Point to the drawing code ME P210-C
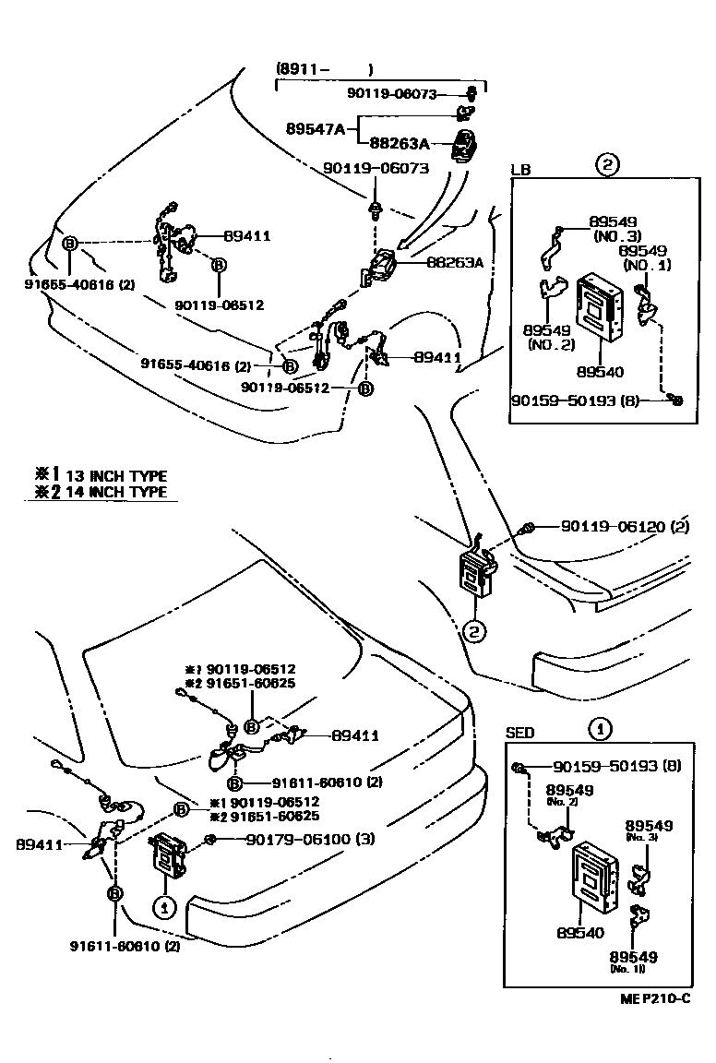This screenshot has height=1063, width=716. pos(656,999)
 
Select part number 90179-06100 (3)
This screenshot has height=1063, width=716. pos(310,839)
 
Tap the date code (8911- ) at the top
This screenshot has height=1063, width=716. pos(325,69)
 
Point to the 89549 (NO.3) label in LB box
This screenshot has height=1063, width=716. pos(613,229)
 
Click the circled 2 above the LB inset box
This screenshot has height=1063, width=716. pos(606,166)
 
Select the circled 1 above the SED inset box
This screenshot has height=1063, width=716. pos(600,729)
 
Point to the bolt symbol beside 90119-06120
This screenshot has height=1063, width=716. pos(530,528)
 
